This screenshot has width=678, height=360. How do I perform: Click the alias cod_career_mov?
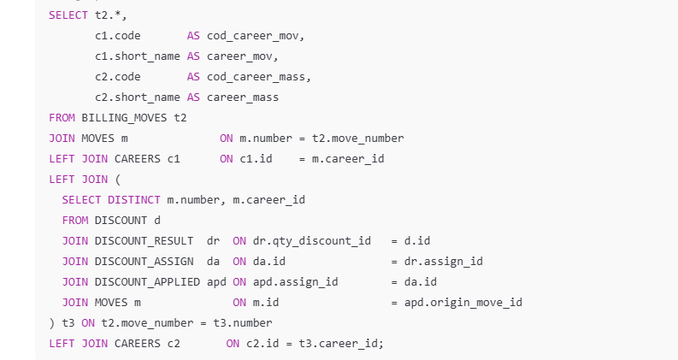[x=255, y=36]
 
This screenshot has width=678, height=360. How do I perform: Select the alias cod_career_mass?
[x=258, y=77]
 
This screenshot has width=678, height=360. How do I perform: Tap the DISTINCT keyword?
[x=133, y=200]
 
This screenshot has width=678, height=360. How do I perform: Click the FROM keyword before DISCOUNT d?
[x=74, y=221]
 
